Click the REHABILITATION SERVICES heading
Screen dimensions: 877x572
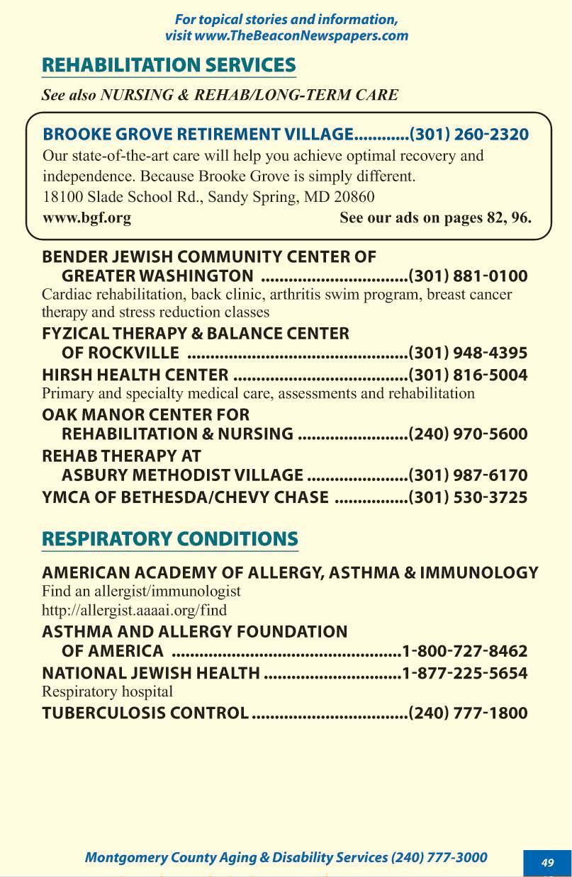click(169, 65)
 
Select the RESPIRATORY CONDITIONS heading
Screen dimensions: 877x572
click(170, 538)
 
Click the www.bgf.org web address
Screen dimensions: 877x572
click(86, 217)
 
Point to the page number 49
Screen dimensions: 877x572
click(547, 862)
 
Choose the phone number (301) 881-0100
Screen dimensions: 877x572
click(469, 276)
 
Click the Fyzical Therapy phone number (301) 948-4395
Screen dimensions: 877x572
click(469, 353)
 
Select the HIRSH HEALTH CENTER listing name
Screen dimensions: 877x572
click(135, 375)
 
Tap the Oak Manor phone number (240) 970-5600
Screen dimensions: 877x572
click(469, 434)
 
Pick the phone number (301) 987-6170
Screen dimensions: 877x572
click(469, 475)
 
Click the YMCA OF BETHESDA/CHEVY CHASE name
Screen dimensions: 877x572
click(185, 497)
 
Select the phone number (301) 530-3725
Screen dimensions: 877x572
click(469, 497)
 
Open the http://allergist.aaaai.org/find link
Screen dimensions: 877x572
click(134, 609)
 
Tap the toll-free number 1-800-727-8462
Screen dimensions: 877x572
click(465, 650)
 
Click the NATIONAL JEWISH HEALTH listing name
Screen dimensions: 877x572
click(150, 672)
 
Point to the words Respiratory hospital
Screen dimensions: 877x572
click(107, 691)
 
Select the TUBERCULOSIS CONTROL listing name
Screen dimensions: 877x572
click(145, 713)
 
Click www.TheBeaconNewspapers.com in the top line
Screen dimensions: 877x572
click(302, 35)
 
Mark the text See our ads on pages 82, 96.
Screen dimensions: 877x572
click(435, 217)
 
